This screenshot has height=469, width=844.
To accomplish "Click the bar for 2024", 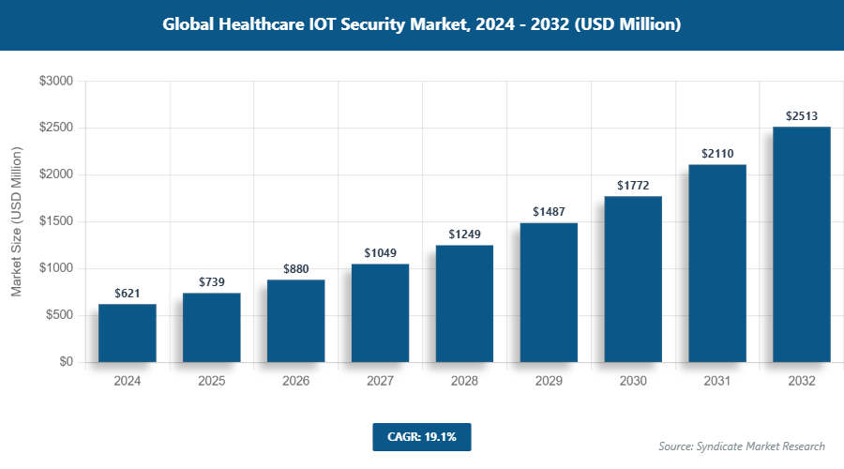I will [127, 333].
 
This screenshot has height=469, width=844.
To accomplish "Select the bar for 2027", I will [380, 313].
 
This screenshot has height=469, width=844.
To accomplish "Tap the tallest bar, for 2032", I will [802, 245].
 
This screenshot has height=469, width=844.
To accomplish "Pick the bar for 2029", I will [549, 293].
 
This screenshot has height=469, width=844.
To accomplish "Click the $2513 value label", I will [802, 116].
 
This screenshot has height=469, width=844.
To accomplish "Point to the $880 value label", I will [295, 269].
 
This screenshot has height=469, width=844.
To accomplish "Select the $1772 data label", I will [633, 186].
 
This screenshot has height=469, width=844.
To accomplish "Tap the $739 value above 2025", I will [211, 282].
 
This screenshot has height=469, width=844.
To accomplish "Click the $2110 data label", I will [717, 154].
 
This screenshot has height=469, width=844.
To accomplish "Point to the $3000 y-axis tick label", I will [55, 82].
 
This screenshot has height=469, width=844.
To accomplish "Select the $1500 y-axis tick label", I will [55, 221].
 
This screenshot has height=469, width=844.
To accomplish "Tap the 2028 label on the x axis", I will [464, 382].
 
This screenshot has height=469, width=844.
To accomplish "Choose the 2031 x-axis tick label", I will [717, 382].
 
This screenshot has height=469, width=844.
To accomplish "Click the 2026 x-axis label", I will [295, 382].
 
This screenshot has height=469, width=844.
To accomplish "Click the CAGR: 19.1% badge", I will [421, 436].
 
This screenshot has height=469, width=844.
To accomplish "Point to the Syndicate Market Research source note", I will [742, 446].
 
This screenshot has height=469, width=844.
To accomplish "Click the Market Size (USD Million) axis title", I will [16, 221].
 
